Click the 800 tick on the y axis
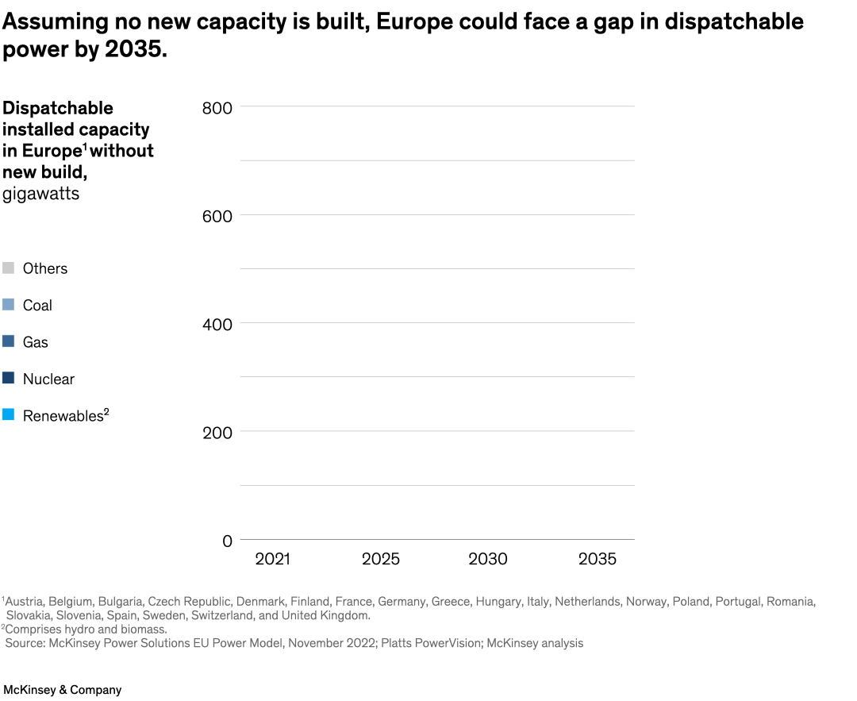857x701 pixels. (216, 107)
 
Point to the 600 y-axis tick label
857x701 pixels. (216, 216)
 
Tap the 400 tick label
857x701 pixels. (216, 324)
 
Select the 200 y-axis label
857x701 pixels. (216, 433)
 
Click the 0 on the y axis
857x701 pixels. (227, 541)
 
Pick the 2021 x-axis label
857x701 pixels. (272, 560)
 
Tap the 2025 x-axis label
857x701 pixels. (381, 560)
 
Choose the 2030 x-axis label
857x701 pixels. (488, 560)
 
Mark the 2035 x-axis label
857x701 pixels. (597, 560)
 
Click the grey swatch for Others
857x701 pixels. (9, 268)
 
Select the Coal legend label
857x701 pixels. (37, 306)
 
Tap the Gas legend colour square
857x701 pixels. (9, 342)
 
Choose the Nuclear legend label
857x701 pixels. (48, 379)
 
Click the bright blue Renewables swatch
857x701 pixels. (9, 415)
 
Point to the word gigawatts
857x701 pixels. (41, 194)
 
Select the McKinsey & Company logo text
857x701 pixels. (62, 690)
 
